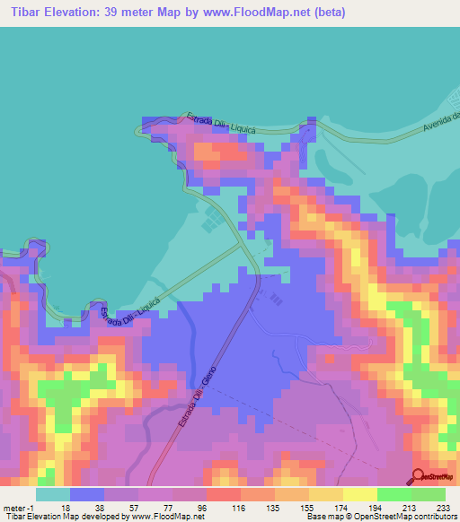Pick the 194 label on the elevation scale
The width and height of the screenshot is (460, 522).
[x=376, y=507]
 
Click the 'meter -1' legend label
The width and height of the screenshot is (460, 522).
[x=19, y=507]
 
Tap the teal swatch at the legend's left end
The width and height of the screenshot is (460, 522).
[x=52, y=494]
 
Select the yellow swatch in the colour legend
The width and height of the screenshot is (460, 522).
[x=359, y=494]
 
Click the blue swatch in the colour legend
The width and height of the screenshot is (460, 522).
[x=87, y=494]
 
